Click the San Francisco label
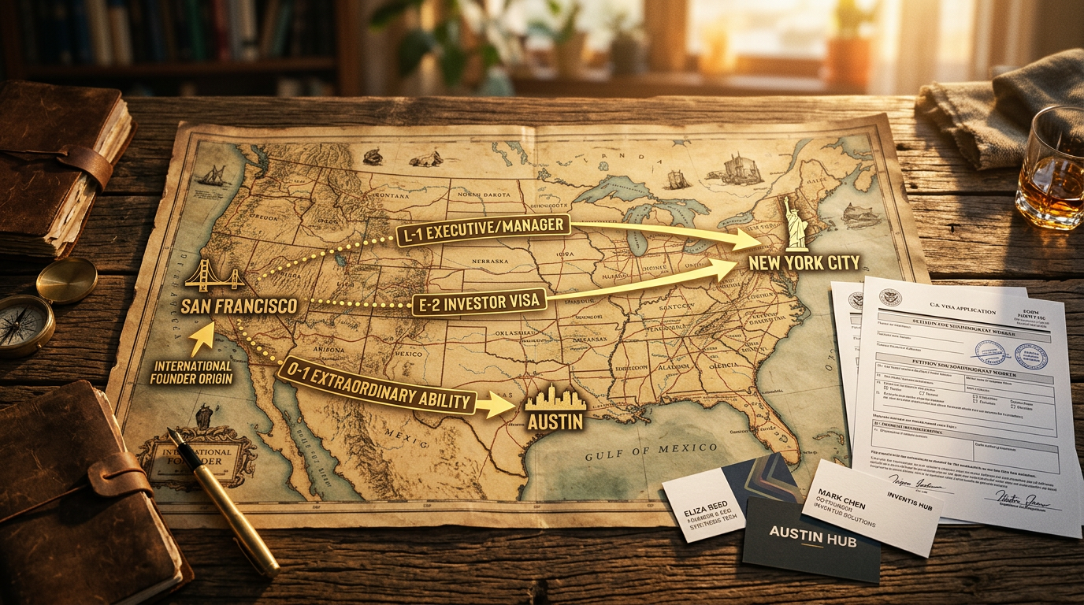pos(239,306)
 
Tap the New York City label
pos(804,262)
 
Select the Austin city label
pos(555,421)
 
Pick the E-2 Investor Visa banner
pos(479,301)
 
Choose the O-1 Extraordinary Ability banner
pos(377,388)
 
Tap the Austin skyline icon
pos(555,399)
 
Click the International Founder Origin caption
pos(193,372)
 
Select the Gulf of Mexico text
pos(651,450)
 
